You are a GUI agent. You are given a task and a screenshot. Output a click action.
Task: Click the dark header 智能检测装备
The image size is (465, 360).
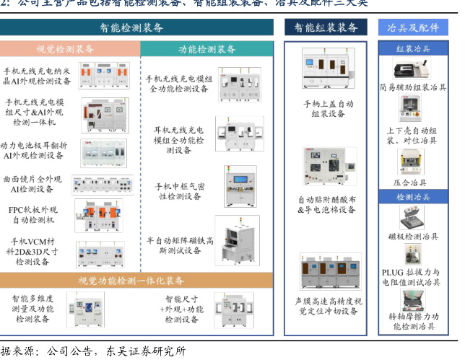click(x=136, y=28)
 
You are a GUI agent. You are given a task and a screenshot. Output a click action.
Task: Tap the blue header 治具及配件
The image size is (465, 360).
click(x=413, y=28)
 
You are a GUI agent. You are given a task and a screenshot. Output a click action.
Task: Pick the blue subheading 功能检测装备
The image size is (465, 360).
click(x=207, y=49)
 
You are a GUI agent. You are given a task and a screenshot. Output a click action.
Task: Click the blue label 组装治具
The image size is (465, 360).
click(x=413, y=49)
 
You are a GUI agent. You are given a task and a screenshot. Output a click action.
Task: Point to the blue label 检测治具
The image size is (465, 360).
click(x=413, y=197)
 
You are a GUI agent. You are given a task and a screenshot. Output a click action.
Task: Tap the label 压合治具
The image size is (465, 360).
click(x=414, y=183)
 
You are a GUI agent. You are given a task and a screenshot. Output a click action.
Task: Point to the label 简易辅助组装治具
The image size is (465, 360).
click(x=414, y=88)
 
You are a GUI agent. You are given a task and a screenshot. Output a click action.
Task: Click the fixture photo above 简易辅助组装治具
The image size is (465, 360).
click(x=413, y=69)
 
